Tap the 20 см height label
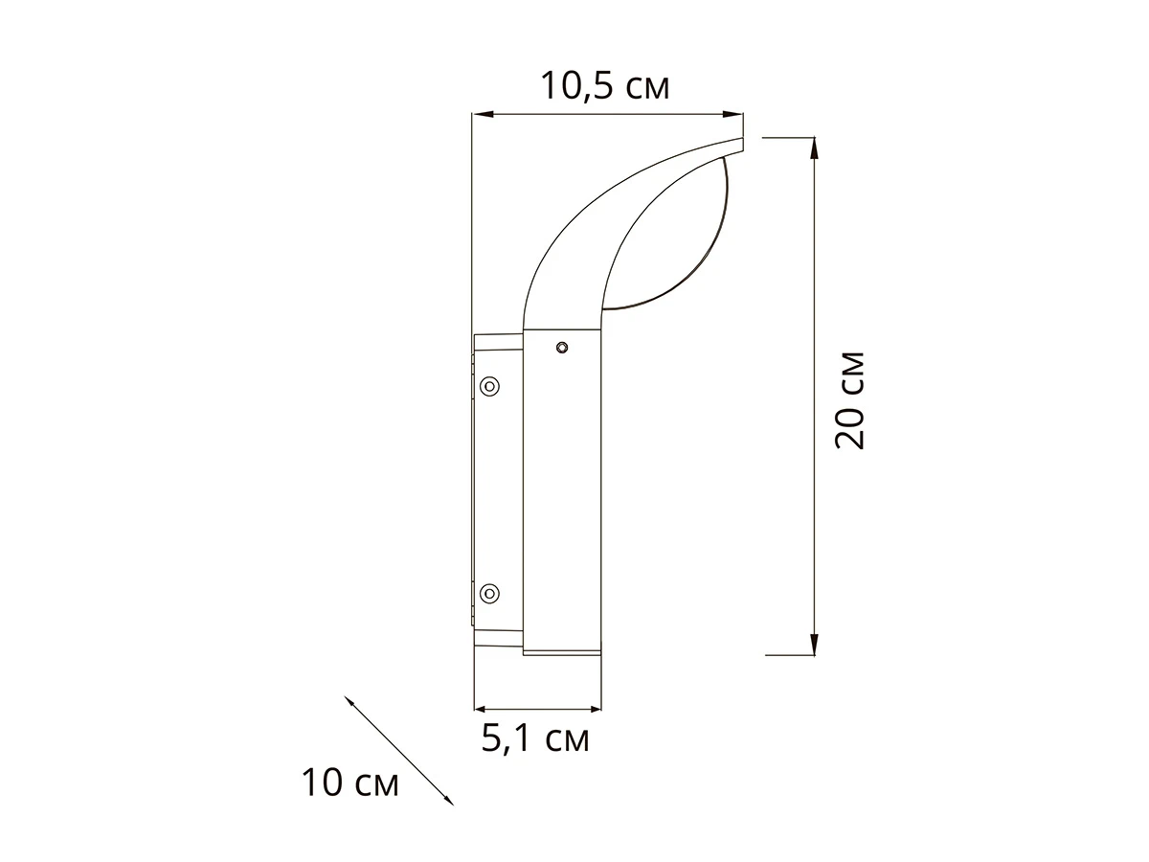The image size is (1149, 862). pos(849,400)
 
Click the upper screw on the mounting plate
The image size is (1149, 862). pos(489,387)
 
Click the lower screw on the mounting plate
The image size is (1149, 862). pos(489,594)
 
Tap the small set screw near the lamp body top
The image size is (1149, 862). pos(562,347)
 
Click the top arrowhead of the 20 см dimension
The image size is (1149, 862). pos(814,148)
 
